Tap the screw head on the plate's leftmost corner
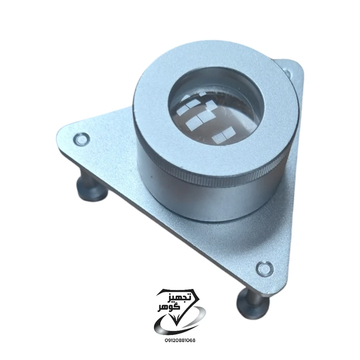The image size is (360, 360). [81, 139]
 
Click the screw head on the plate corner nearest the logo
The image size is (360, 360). [264, 268]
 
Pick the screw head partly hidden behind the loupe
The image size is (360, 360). [288, 72]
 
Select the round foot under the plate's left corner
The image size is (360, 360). [92, 190]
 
